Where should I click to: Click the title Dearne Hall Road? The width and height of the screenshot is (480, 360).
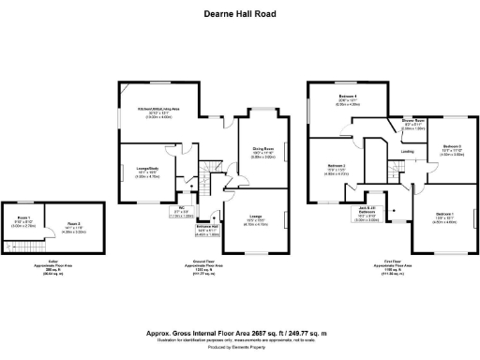(240, 14)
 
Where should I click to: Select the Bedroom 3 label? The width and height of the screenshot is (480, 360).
(452, 148)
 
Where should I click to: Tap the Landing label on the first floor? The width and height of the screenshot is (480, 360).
(407, 151)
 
